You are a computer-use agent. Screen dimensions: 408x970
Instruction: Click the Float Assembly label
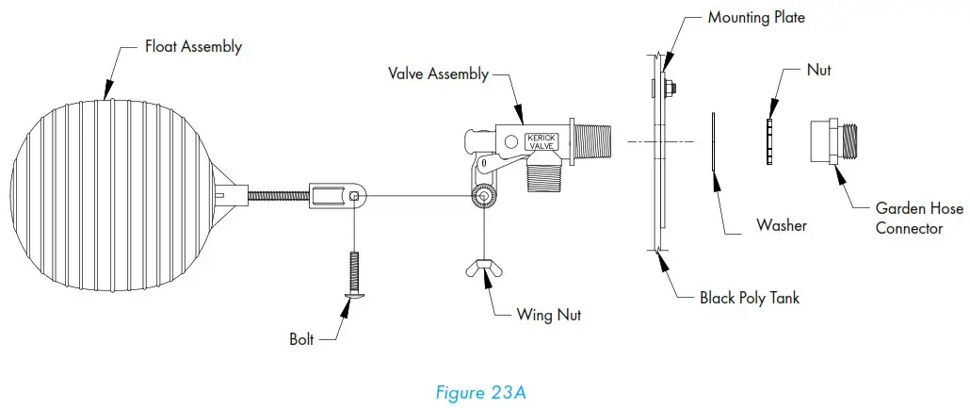192,46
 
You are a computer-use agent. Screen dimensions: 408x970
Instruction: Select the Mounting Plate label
756,18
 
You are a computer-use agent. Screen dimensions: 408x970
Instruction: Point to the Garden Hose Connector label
918,218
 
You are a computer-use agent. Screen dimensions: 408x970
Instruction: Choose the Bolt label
301,338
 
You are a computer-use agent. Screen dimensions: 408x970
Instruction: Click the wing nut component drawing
482,269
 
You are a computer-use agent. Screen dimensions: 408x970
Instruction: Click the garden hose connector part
834,142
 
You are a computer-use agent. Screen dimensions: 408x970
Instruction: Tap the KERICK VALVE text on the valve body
542,141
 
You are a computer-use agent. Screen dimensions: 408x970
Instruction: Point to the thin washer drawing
713,142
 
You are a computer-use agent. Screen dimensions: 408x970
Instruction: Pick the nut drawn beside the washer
769,140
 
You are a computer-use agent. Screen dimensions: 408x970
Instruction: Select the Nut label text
819,70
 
